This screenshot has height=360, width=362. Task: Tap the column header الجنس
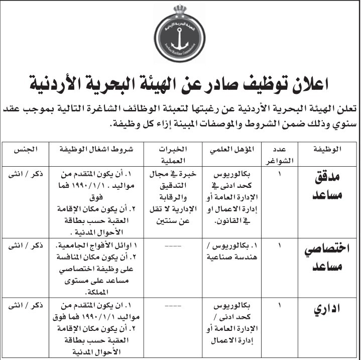(x=25, y=149)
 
